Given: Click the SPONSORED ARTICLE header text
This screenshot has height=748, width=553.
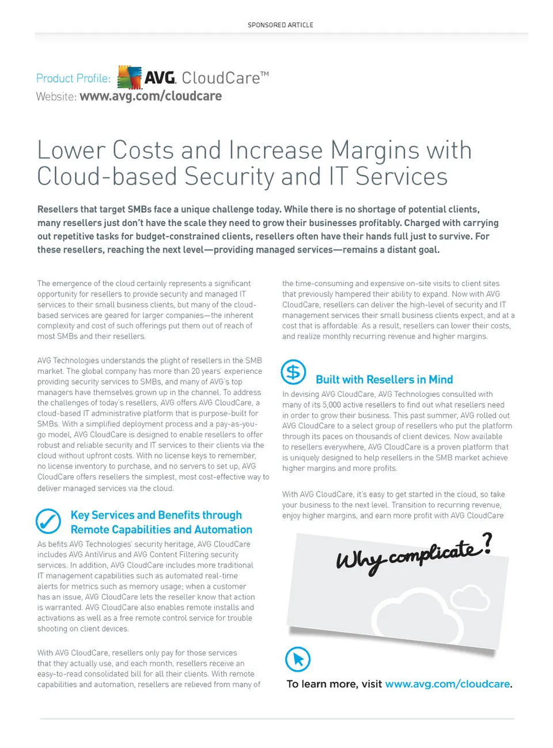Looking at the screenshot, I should tap(281, 25).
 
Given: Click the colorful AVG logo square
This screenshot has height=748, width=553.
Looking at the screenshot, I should tap(130, 77).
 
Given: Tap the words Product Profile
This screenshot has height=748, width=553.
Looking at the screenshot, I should tap(73, 78).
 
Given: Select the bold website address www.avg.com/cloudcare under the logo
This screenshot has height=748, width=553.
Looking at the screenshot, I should tap(150, 96).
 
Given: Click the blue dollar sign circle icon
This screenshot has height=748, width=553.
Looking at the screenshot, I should tap(293, 373).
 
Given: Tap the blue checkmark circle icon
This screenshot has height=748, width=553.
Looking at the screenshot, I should tap(48, 521).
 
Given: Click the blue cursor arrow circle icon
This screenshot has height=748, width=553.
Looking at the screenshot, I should tap(298, 659).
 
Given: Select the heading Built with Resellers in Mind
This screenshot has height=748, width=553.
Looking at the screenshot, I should tap(384, 379).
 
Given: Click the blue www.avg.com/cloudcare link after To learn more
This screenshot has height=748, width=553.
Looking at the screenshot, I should tap(448, 684).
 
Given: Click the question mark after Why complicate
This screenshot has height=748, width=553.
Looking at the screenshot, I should tap(487, 543).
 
